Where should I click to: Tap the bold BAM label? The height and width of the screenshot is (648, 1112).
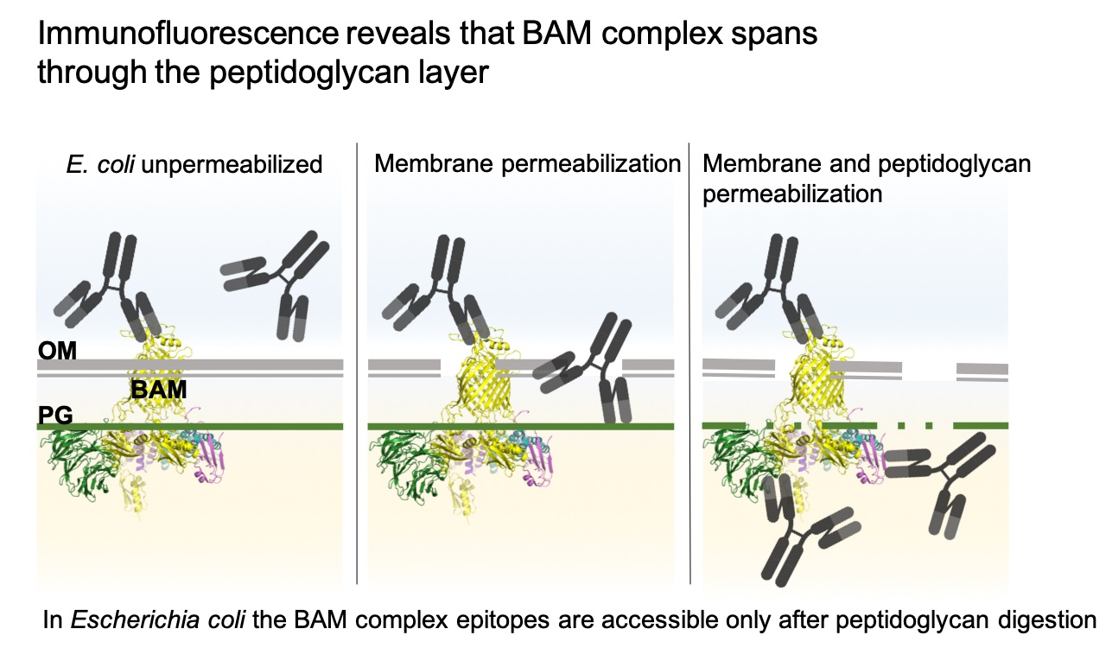pos(158,390)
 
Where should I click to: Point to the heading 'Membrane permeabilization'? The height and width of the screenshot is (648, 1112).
pos(527,164)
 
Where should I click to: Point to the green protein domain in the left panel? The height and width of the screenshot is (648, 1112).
pos(73,458)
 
